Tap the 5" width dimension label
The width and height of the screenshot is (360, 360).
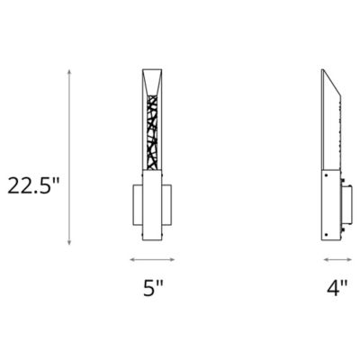153,289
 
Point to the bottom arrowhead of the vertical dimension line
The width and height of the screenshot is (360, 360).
70,244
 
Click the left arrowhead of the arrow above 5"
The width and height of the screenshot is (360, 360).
131,259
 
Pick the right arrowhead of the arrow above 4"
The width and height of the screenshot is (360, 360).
350,259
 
